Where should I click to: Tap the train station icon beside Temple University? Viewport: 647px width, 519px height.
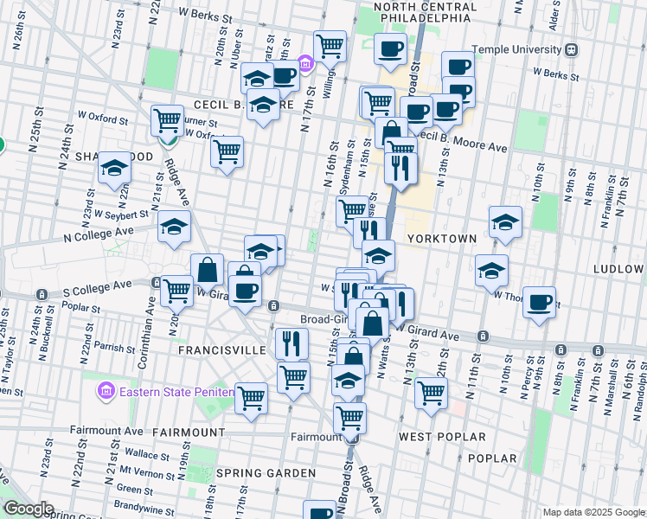[x=572, y=49]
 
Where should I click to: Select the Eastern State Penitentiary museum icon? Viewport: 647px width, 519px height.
[x=106, y=392]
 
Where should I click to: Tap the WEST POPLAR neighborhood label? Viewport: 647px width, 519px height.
[x=442, y=437]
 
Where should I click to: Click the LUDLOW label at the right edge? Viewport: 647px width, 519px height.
[x=619, y=269]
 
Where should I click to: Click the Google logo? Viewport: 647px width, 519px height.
[x=28, y=509]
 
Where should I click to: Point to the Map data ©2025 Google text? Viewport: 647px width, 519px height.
[x=593, y=512]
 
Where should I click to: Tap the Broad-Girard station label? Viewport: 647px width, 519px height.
[x=325, y=319]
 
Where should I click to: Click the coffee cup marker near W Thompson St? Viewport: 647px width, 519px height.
[x=539, y=302]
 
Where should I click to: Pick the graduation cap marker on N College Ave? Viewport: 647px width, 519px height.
[x=173, y=227]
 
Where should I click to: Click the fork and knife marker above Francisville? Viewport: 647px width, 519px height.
[x=291, y=343]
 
